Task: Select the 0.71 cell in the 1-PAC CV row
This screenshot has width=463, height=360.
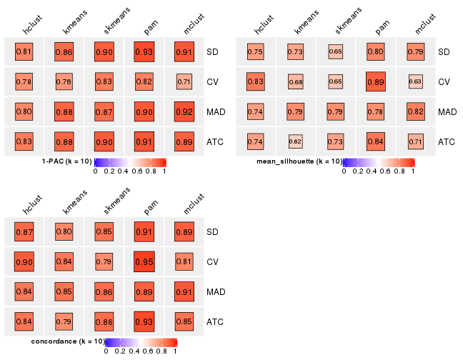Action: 184,82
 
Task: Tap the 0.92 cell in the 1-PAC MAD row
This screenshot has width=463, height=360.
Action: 184,112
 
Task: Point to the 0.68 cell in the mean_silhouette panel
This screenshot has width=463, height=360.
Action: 295,82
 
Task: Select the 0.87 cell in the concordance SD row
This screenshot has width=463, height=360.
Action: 24,232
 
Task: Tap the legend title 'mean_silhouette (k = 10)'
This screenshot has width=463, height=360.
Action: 299,162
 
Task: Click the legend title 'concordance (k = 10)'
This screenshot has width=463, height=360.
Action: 69,342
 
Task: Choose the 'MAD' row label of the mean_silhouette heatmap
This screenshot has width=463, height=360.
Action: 447,112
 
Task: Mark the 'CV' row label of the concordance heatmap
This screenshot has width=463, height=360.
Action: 213,262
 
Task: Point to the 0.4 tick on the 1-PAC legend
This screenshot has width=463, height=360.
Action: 124,171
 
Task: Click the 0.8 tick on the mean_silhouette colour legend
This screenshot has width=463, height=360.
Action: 400,171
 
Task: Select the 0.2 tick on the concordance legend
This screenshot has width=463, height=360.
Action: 120,351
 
